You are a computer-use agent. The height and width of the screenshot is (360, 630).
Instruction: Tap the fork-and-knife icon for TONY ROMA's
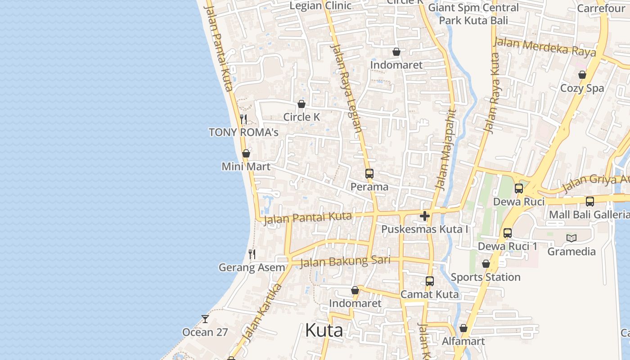tap(243, 119)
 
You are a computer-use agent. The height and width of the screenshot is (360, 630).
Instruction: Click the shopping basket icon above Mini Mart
tap(246, 153)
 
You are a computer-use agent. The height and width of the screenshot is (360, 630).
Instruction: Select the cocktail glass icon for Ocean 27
tap(205, 319)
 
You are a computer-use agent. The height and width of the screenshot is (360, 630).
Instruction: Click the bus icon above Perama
tap(369, 174)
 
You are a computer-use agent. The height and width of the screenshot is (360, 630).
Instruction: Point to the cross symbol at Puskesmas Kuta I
tap(424, 216)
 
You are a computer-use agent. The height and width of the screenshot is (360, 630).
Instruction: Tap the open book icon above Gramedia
tap(571, 238)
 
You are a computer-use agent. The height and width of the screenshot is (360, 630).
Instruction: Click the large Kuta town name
tap(324, 330)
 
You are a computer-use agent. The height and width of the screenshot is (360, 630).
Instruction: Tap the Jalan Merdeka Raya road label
tap(544, 47)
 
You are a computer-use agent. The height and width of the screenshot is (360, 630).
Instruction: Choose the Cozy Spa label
tap(582, 88)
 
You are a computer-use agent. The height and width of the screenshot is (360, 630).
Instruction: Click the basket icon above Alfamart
tap(463, 328)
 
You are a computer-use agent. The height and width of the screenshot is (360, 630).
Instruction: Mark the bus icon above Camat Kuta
tap(430, 281)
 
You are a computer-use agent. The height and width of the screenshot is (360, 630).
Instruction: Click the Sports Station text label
tap(486, 277)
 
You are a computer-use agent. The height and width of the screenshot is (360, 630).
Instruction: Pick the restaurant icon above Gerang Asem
tap(252, 254)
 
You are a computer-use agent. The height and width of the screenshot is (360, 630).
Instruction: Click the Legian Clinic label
tap(320, 6)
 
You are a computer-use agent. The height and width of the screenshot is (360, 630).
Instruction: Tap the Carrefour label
tap(601, 8)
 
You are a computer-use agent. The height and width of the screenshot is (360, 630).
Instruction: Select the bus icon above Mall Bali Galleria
tap(590, 201)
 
